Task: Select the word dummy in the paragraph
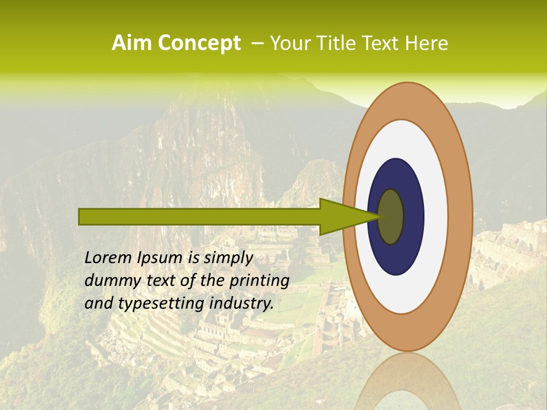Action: [x=109, y=281]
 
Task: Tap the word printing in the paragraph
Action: [x=259, y=281]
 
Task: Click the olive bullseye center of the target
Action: [x=391, y=216]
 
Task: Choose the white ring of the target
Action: [x=435, y=216]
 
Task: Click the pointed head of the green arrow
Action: [x=342, y=216]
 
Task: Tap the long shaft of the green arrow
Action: [x=199, y=216]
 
